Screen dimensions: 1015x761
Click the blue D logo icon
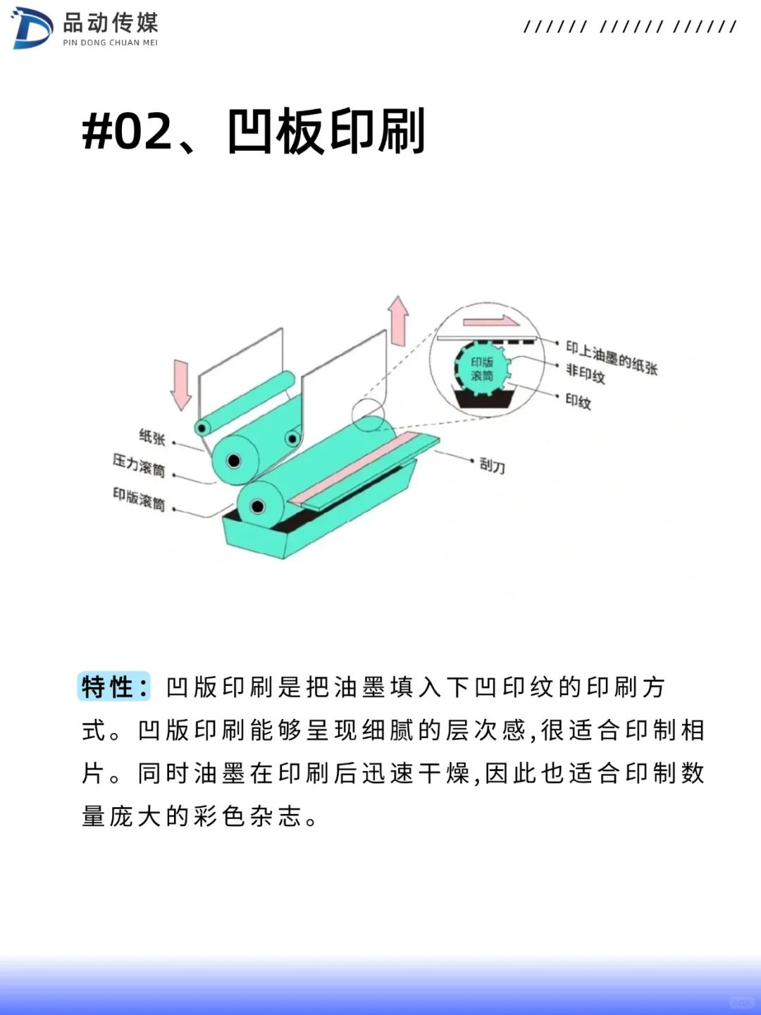pyautogui.click(x=32, y=29)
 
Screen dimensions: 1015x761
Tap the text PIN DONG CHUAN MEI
pyautogui.click(x=110, y=43)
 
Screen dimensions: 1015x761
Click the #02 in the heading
pyautogui.click(x=128, y=132)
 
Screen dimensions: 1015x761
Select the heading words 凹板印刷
pyautogui.click(x=326, y=132)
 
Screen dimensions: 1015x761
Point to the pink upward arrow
pyautogui.click(x=399, y=321)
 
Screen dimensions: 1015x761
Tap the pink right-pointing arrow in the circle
pyautogui.click(x=491, y=321)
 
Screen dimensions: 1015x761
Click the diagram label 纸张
pyautogui.click(x=152, y=437)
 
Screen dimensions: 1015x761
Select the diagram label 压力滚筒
pyautogui.click(x=139, y=465)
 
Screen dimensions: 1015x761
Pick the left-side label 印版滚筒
pyautogui.click(x=139, y=498)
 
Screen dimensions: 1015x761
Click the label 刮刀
pyautogui.click(x=492, y=465)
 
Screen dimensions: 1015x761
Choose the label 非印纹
pyautogui.click(x=586, y=373)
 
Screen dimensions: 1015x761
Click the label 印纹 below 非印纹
pyautogui.click(x=579, y=401)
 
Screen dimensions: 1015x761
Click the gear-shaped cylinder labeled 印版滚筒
pyautogui.click(x=483, y=369)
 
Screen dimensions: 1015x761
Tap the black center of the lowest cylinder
pyautogui.click(x=258, y=506)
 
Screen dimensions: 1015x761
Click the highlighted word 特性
pyautogui.click(x=113, y=687)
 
